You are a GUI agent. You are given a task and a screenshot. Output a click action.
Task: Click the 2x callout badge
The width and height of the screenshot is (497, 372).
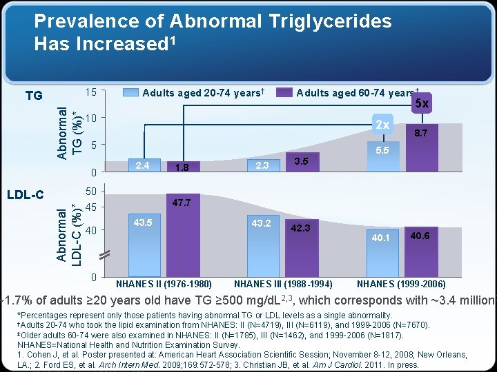click(x=382, y=125)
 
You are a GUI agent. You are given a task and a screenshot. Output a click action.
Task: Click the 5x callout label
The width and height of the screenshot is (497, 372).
click(x=420, y=103)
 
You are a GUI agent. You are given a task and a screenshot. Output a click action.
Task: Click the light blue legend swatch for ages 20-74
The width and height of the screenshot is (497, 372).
click(x=130, y=92)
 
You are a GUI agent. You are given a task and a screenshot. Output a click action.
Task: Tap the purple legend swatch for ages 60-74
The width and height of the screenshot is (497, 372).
click(x=284, y=92)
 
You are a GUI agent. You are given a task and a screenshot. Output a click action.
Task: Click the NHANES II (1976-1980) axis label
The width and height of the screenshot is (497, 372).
click(x=164, y=284)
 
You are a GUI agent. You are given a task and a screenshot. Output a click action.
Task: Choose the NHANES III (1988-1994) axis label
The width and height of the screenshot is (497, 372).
click(x=284, y=284)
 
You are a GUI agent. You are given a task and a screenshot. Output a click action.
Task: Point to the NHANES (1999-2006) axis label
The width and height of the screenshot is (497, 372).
click(x=401, y=284)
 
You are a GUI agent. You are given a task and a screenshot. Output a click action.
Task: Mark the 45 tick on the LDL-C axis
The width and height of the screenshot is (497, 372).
click(x=90, y=207)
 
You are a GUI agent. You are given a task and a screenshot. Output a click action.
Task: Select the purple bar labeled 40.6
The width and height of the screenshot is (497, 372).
click(x=422, y=251)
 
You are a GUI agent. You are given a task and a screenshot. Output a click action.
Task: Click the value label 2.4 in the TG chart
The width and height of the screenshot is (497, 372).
click(x=144, y=165)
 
